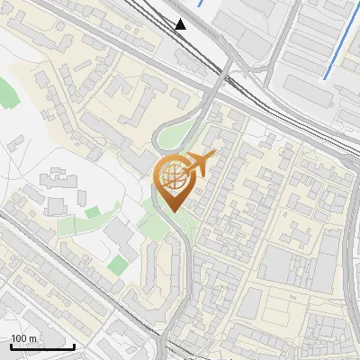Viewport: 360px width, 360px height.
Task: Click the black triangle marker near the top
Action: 181,24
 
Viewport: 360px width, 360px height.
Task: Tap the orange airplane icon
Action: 200,164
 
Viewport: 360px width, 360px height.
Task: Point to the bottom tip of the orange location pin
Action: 173,211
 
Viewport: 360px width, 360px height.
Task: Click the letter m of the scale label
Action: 34,338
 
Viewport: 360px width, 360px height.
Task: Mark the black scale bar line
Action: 42,346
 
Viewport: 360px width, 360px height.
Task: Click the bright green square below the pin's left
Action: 119,264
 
